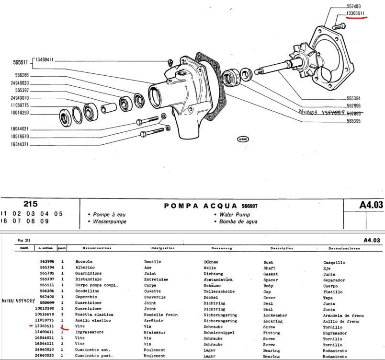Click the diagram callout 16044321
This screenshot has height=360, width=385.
pos(20,144)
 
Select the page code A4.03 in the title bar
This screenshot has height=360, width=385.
pos(371,205)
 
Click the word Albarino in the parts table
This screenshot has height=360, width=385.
pos(85,268)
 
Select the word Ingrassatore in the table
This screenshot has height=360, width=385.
pos(90,332)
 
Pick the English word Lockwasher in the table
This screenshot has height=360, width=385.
pos(275,315)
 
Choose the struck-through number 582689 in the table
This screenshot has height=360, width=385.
pos(47,303)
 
